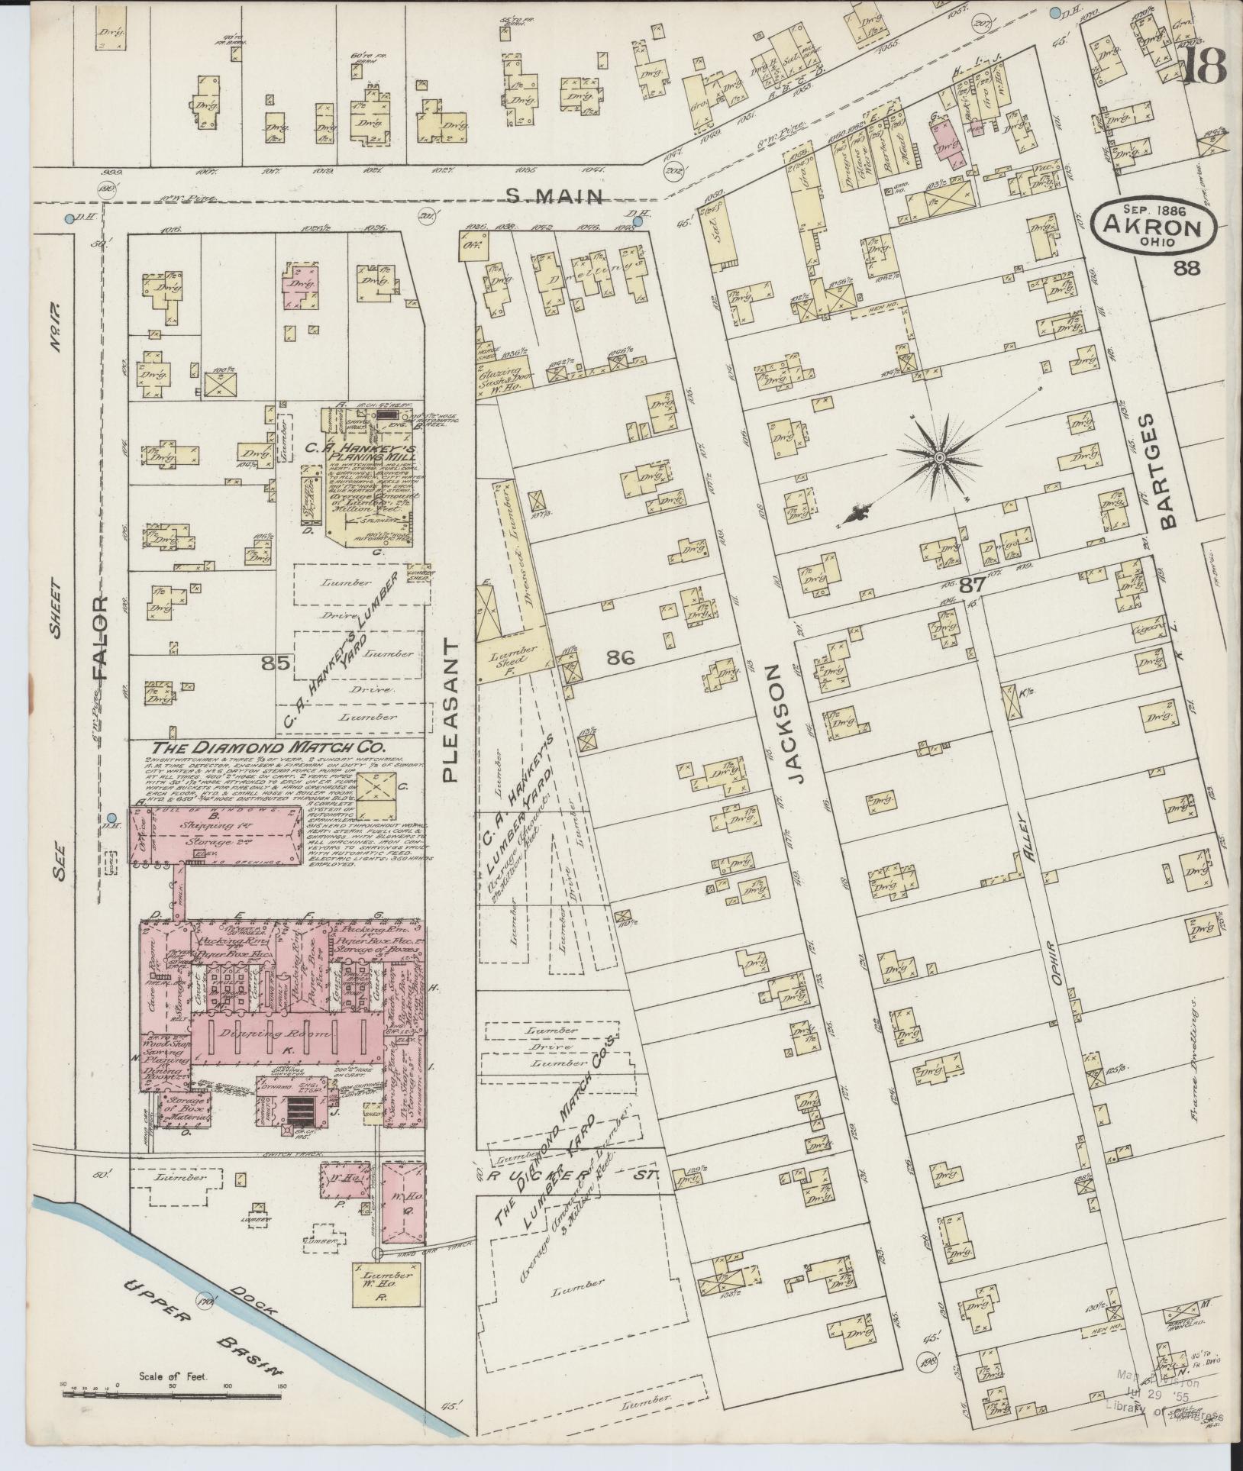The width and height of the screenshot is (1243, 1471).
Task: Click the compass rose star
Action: tap(939, 457)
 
